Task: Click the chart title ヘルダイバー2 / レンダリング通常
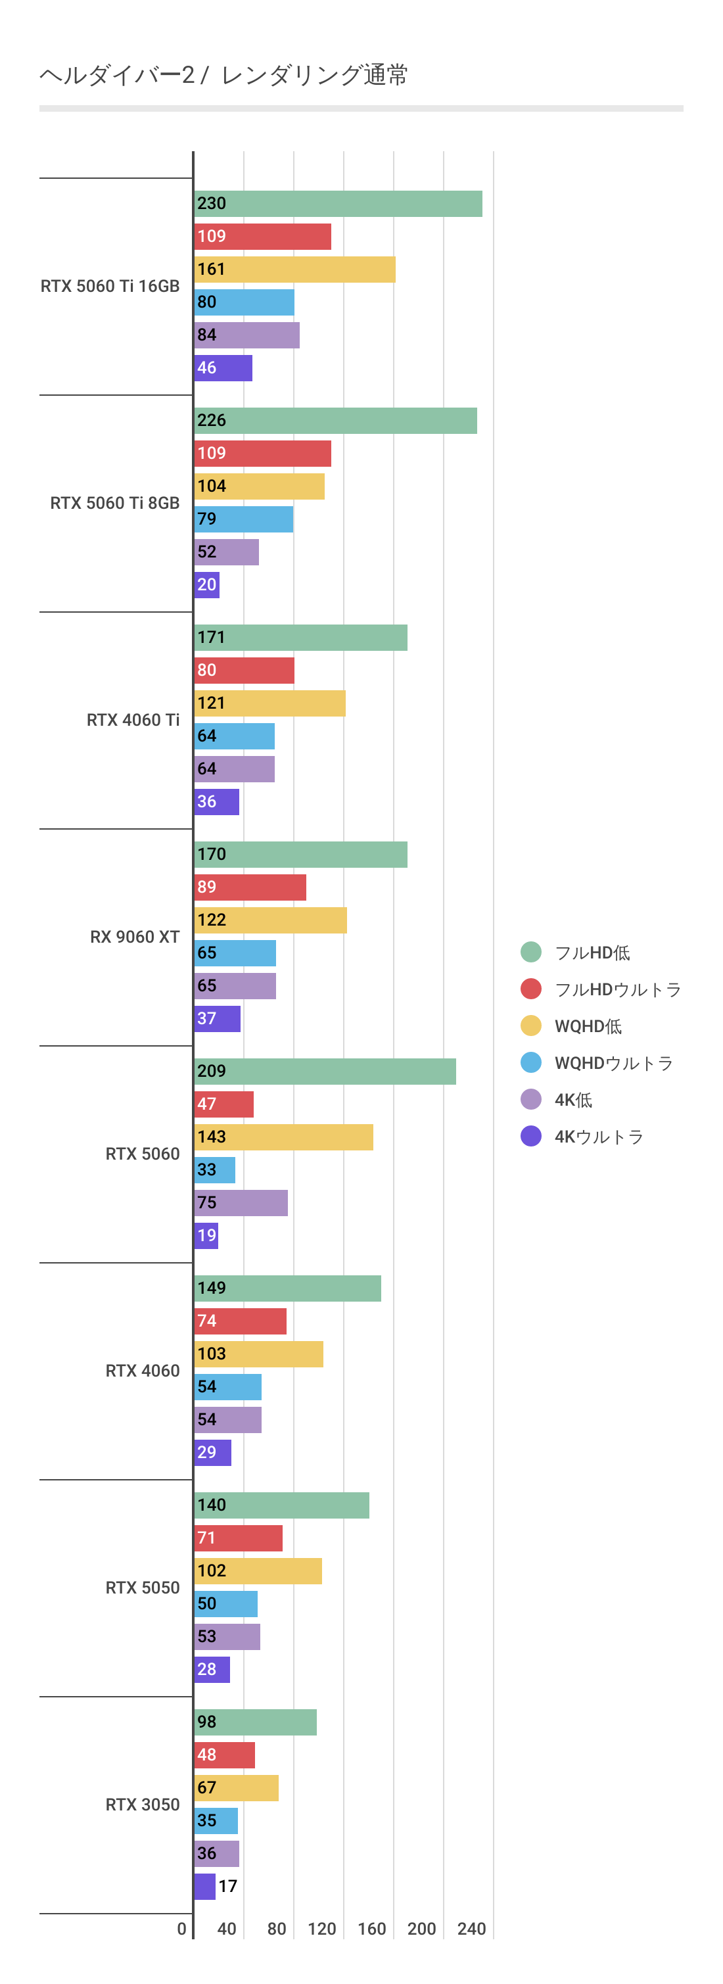[x=223, y=75]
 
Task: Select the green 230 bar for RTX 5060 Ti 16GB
[x=338, y=204]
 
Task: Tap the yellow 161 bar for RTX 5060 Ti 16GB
[x=295, y=270]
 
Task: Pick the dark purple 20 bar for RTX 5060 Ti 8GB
[x=207, y=585]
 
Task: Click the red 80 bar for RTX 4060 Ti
[x=244, y=671]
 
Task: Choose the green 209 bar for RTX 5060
[x=325, y=1072]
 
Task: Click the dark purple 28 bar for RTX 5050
[x=212, y=1670]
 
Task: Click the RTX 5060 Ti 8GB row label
[x=115, y=503]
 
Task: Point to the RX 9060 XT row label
[x=135, y=937]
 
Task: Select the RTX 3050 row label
[x=143, y=1805]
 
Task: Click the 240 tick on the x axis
[x=471, y=1929]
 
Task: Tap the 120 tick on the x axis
[x=322, y=1929]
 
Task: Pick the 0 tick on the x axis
[x=181, y=1929]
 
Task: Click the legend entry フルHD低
[x=592, y=953]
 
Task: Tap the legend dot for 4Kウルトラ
[x=531, y=1136]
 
